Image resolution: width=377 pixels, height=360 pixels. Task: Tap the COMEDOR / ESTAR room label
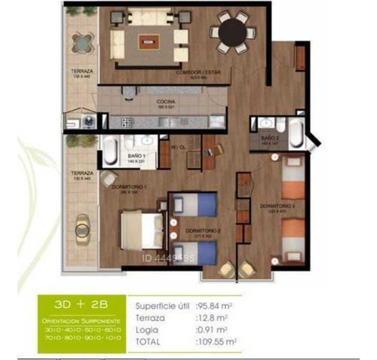[193, 73]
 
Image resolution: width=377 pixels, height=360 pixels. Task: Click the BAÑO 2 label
[271, 139]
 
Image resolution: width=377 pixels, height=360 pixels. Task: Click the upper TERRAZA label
[81, 72]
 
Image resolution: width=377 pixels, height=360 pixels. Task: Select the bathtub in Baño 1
[110, 151]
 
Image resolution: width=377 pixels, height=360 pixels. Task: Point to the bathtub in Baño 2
[295, 136]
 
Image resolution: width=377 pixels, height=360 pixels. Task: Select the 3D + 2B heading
[79, 307]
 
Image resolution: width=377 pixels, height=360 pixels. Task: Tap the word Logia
[146, 330]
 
